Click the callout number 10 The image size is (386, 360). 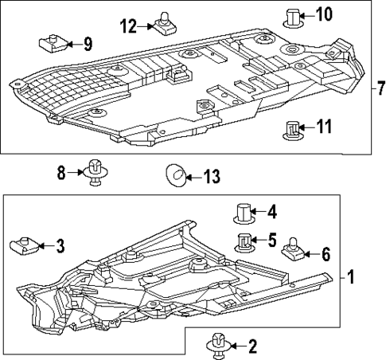coord(326,14)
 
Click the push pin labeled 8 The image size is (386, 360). coord(96,172)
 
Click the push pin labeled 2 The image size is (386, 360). coord(216,344)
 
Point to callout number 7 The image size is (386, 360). coord(379,86)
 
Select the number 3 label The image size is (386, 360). coord(60,246)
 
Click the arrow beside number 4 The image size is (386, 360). coord(259,213)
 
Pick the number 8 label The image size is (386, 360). coord(61,171)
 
